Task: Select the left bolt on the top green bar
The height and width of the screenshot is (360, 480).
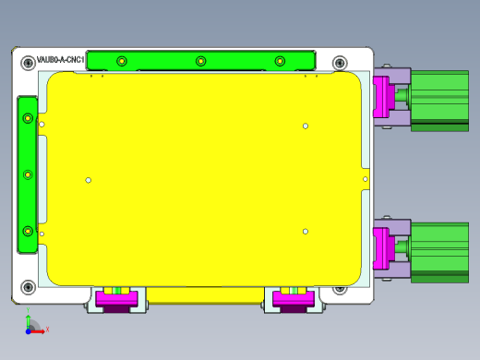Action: click(121, 61)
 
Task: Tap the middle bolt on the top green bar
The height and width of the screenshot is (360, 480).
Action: click(200, 61)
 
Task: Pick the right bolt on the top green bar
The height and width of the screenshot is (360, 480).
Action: click(280, 61)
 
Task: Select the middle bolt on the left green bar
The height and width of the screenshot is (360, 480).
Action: click(29, 174)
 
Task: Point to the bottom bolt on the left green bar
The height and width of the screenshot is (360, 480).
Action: click(29, 230)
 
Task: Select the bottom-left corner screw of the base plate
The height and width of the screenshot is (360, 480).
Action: click(27, 286)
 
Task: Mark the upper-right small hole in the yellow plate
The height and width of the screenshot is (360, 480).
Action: click(306, 126)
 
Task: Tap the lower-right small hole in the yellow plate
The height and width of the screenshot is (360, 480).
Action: click(306, 231)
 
